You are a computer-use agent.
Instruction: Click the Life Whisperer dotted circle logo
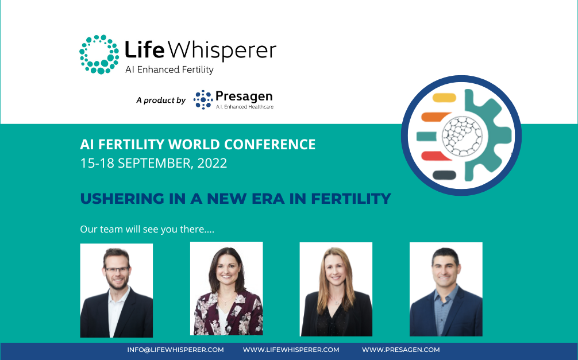(x=99, y=54)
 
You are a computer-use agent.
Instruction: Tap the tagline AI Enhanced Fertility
(x=169, y=70)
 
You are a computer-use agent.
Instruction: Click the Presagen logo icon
(x=203, y=99)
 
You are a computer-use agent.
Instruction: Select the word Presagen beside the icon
(x=244, y=95)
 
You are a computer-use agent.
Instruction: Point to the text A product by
(x=160, y=100)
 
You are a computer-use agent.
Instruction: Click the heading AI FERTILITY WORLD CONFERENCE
(x=198, y=144)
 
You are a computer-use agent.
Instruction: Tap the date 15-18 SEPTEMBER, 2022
(x=153, y=163)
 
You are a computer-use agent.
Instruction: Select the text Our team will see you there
(x=147, y=229)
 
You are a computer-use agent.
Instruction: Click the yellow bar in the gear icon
(x=443, y=98)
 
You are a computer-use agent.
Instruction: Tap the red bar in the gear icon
(x=436, y=156)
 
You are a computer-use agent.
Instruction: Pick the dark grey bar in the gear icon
(x=444, y=175)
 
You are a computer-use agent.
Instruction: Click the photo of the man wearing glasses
(x=116, y=290)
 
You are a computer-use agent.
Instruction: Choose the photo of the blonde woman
(x=336, y=289)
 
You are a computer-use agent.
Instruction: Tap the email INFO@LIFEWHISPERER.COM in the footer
(x=175, y=350)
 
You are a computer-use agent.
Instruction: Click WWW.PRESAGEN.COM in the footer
(x=400, y=350)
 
